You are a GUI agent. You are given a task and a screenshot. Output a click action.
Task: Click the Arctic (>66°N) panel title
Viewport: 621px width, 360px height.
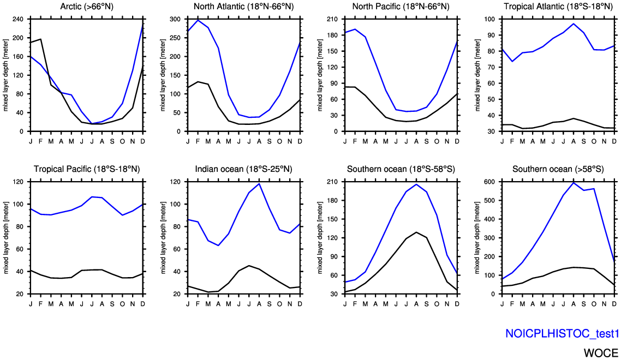87,7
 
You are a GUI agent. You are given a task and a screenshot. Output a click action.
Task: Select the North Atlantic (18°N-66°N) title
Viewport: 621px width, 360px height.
244,7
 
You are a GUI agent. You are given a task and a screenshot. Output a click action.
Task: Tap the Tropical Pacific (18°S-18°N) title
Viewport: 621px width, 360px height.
87,169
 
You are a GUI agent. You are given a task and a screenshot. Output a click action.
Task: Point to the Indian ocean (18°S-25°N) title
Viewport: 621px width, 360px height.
244,169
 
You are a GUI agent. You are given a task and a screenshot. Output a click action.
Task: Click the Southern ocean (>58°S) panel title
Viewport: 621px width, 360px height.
558,169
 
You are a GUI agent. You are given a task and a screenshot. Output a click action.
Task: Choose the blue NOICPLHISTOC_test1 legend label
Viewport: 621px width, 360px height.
562,334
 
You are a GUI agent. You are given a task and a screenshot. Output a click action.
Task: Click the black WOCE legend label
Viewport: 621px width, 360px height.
601,353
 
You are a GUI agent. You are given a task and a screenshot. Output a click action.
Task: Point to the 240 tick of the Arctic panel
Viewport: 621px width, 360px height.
17,19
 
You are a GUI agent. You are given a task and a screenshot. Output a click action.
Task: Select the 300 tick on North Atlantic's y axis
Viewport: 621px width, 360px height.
175,19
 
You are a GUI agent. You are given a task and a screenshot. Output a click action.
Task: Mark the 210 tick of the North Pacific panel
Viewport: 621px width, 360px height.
332,19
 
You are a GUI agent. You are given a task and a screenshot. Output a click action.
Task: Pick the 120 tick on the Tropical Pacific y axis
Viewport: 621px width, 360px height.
17,182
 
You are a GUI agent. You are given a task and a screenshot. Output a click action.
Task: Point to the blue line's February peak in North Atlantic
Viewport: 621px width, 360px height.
198,20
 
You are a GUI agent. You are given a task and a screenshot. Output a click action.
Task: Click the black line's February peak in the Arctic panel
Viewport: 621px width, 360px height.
41,39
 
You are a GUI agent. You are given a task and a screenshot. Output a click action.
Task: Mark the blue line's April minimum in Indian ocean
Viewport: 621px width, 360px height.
218,245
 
